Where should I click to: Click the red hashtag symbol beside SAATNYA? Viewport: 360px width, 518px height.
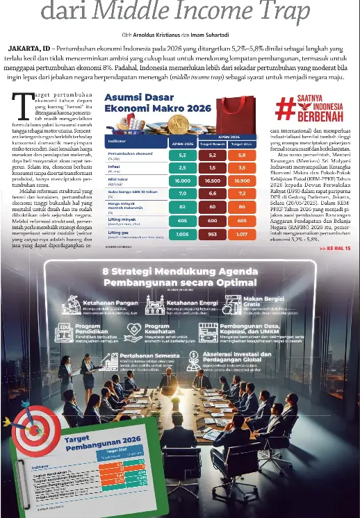pos(284,109)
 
